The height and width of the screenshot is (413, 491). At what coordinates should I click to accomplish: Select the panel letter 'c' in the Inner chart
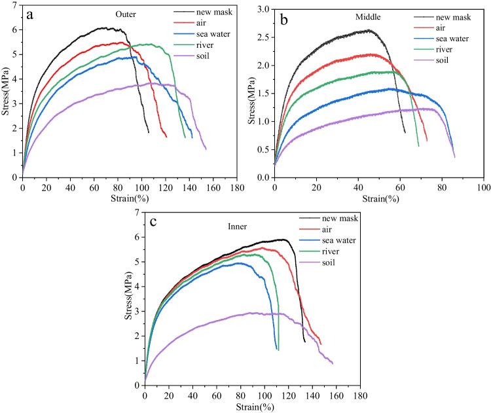click(x=153, y=221)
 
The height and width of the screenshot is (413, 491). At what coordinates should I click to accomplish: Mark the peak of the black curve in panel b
click(x=369, y=30)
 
